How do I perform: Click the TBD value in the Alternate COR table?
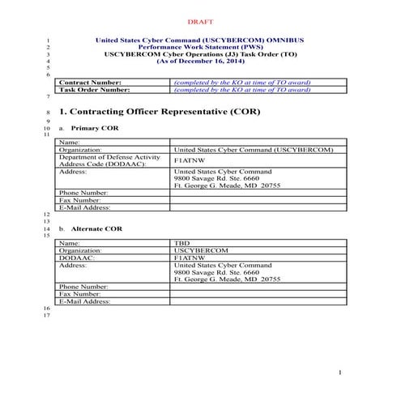[181, 243]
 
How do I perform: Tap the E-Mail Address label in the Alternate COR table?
[85, 301]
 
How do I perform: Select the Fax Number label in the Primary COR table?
[80, 200]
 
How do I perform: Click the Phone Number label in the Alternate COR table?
[83, 287]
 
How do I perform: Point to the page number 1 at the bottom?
[342, 371]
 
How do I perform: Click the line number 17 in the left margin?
[48, 315]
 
